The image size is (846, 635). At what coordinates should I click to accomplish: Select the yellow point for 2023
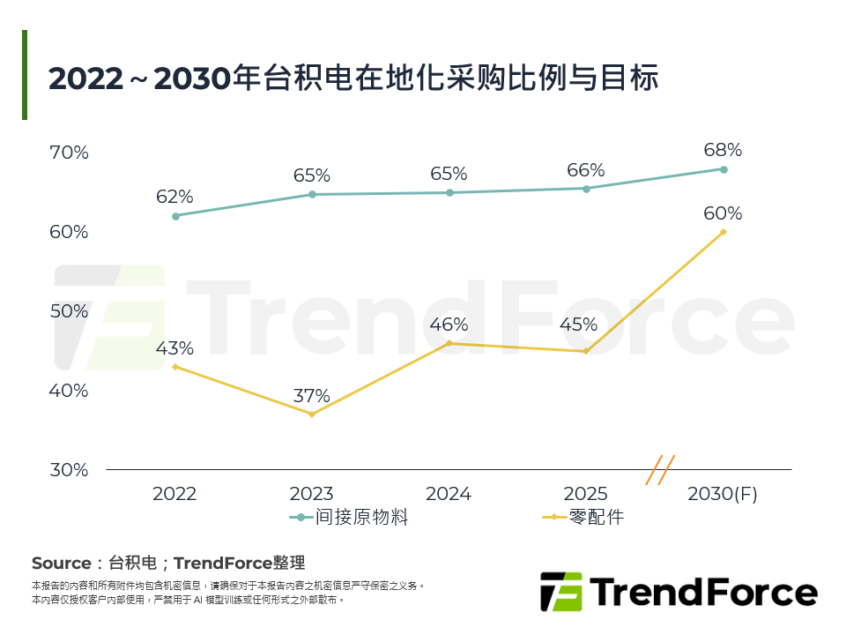tap(312, 414)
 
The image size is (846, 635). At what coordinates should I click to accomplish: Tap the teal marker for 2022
tap(175, 216)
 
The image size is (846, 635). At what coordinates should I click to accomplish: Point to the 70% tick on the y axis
tap(69, 153)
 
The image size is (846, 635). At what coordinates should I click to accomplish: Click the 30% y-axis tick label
tap(69, 470)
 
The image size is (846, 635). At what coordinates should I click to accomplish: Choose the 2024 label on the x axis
tap(449, 494)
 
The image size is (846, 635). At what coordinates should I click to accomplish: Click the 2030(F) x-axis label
tap(723, 494)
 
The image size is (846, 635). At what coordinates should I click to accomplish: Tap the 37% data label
tap(312, 395)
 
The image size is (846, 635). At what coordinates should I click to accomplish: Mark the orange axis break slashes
tap(660, 469)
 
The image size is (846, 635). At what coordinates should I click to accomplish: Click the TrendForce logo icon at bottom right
tap(561, 592)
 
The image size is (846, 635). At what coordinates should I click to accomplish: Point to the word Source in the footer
tap(61, 563)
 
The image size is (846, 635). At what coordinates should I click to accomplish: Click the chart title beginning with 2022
tap(353, 78)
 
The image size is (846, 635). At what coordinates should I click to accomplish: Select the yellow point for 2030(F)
tap(724, 232)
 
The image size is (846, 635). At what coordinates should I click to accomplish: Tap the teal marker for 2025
tap(586, 188)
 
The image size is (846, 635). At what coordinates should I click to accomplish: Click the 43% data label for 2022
tap(174, 348)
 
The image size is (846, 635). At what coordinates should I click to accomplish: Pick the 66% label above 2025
tap(586, 170)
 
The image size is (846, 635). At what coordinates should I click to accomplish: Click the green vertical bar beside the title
tap(25, 75)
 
